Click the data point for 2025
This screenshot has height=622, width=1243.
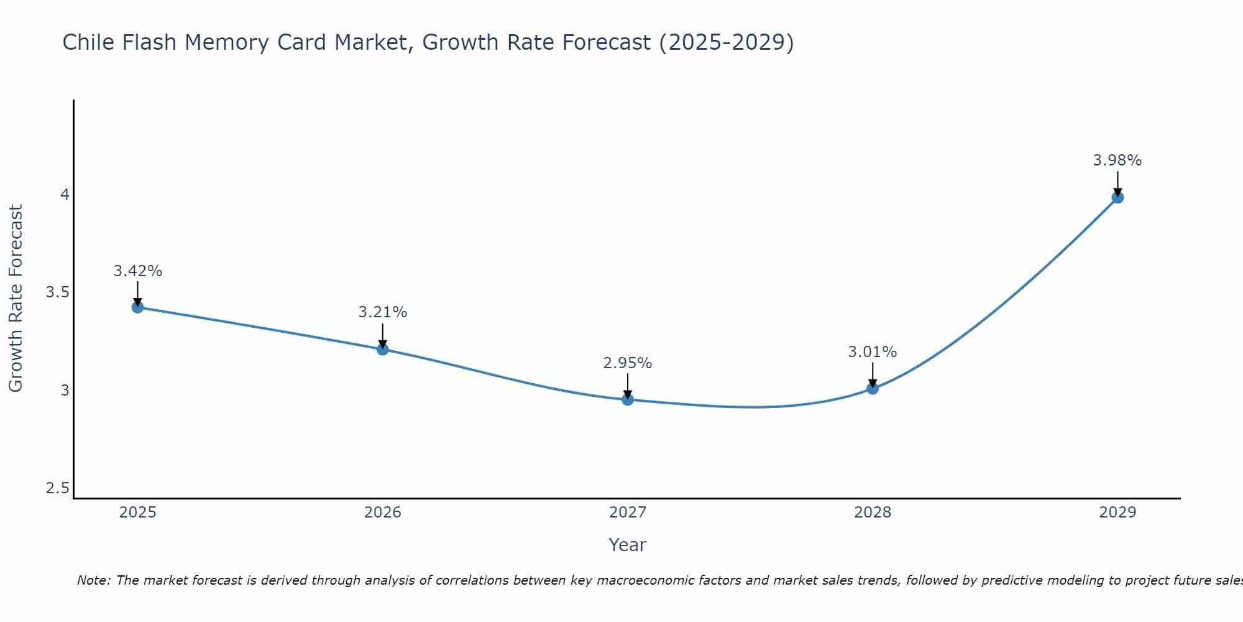tap(138, 307)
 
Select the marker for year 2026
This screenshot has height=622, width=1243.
tap(383, 349)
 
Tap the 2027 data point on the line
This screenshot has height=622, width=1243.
tap(628, 399)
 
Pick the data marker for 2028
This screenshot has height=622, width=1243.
tap(873, 389)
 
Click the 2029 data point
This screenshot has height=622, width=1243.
tap(1117, 197)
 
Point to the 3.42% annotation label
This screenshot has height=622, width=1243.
tap(138, 271)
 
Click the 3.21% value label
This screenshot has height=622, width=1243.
tap(383, 312)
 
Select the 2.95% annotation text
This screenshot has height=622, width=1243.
tap(628, 363)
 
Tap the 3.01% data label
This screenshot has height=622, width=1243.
tap(873, 352)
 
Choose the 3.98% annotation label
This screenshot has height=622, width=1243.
tap(1117, 160)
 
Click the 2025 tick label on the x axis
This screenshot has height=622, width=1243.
tap(138, 513)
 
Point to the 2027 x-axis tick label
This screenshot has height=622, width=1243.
tap(628, 513)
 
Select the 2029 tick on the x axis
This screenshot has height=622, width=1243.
tap(1117, 513)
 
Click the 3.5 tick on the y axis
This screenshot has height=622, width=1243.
tap(57, 292)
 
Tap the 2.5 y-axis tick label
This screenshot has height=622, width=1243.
tap(57, 488)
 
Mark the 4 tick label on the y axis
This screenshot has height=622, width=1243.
tap(64, 195)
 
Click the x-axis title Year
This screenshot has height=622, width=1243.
tap(628, 545)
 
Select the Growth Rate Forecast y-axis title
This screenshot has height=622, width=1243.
tap(16, 299)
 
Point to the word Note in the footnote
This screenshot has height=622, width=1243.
tap(93, 580)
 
